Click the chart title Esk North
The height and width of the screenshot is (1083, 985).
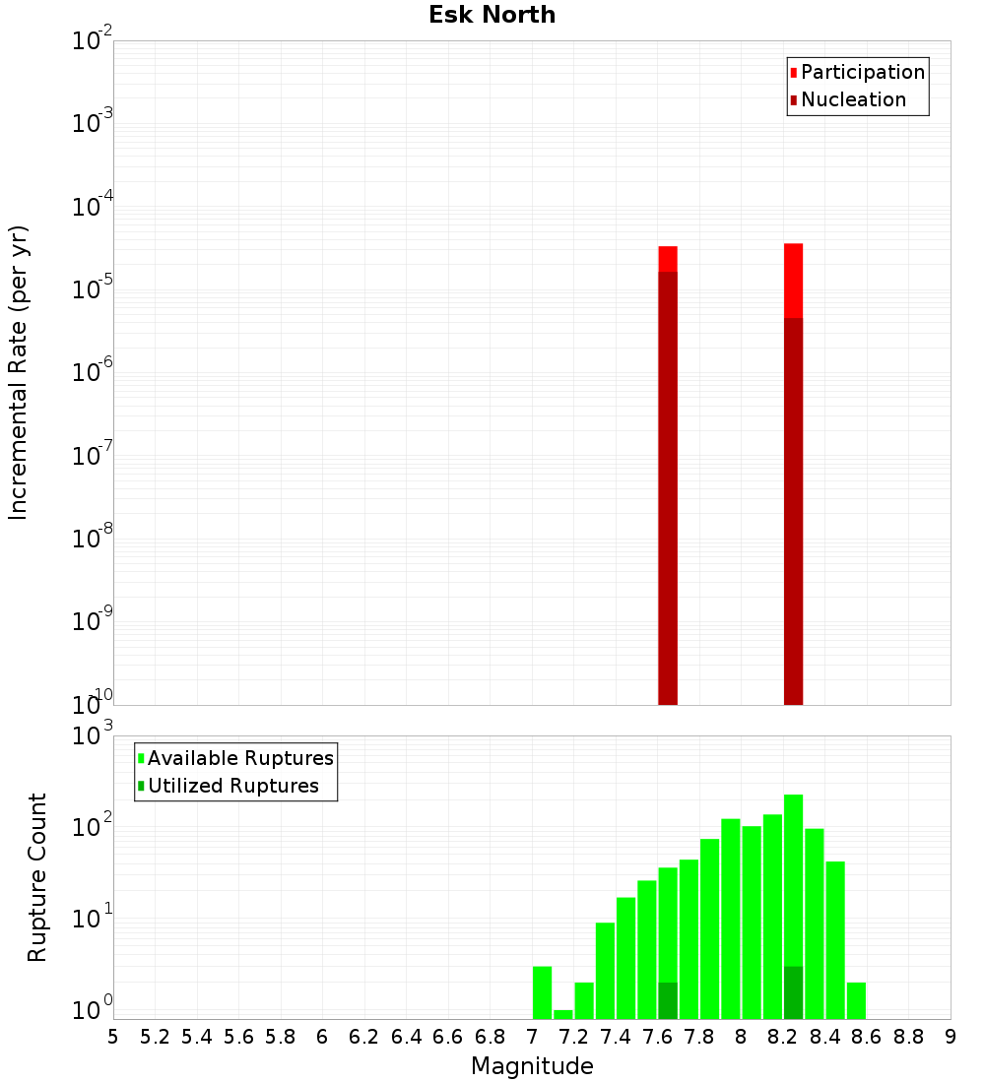click(492, 15)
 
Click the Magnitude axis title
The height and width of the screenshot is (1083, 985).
click(532, 1065)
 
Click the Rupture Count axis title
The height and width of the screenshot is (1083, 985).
click(37, 876)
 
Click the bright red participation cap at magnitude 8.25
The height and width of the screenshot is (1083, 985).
click(794, 280)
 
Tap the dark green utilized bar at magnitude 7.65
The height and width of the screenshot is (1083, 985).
click(668, 1000)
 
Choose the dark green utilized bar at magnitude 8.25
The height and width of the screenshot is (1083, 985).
click(794, 992)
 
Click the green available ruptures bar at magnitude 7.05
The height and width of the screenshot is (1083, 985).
click(542, 992)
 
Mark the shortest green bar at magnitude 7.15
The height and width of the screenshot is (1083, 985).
click(563, 1014)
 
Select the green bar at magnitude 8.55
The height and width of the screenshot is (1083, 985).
click(856, 1000)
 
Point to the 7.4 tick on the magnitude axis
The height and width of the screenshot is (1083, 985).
click(616, 1036)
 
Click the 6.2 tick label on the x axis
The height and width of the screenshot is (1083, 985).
click(364, 1036)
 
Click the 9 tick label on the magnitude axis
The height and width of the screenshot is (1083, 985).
click(951, 1036)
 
